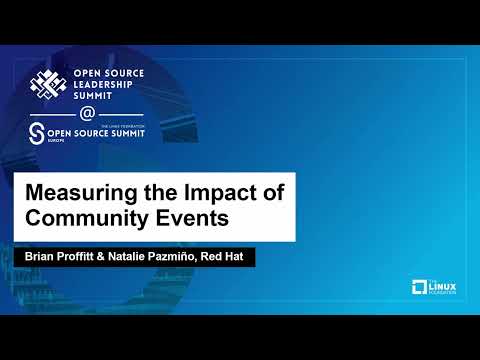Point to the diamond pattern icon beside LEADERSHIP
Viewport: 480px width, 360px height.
coord(51,84)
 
